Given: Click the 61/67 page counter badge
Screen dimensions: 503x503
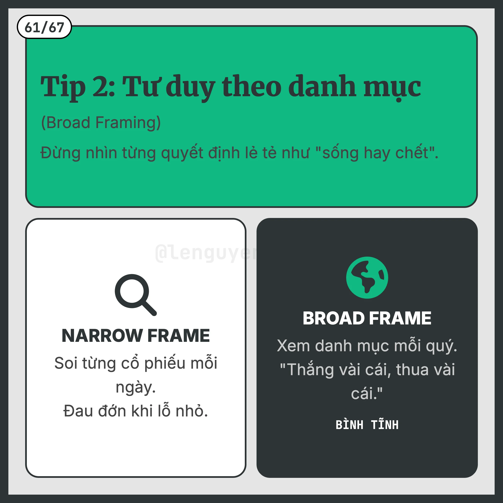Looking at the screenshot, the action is pos(44,27).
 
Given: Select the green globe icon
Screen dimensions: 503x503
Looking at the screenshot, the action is pos(367,277).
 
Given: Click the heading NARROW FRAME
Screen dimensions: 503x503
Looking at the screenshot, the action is pos(136,335).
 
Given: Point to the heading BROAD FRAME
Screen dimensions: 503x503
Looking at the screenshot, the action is pos(367,318).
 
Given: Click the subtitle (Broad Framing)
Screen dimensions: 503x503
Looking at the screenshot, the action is pos(101,122).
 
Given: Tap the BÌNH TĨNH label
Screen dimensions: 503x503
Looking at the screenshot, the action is pos(367,425).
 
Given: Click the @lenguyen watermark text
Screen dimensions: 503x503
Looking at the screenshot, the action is pos(206,253).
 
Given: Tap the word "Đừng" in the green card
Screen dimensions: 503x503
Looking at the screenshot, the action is pos(60,153).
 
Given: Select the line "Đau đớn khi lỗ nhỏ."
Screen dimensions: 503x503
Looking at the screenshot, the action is pos(136,411).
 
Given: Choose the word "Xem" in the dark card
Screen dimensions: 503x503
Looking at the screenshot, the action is pos(293,346).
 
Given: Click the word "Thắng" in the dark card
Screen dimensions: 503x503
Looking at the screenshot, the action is pos(311,370).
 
